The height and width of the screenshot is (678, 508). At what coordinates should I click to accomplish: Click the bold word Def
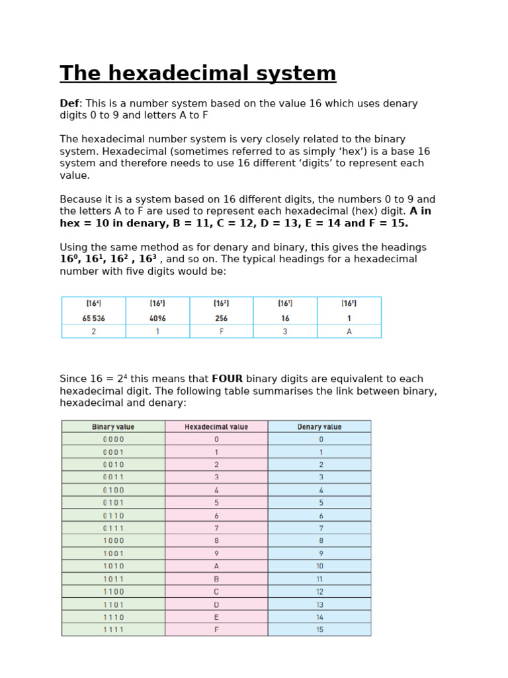pyautogui.click(x=69, y=104)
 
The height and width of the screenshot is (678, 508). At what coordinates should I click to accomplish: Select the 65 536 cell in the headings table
pyautogui.click(x=93, y=318)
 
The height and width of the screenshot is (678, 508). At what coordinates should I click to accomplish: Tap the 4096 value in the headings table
pyautogui.click(x=157, y=318)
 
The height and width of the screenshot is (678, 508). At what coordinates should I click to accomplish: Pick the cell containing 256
pyautogui.click(x=221, y=318)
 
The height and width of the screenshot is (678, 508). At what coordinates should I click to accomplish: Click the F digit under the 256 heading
pyautogui.click(x=221, y=332)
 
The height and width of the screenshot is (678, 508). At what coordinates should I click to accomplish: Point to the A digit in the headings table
pyautogui.click(x=349, y=332)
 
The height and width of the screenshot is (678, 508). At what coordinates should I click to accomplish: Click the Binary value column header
pyautogui.click(x=113, y=427)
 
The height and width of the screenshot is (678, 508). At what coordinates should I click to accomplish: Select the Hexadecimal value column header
pyautogui.click(x=216, y=427)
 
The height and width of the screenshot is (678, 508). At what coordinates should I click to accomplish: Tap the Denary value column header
pyautogui.click(x=319, y=427)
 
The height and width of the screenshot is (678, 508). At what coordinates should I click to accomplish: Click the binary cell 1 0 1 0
pyautogui.click(x=113, y=566)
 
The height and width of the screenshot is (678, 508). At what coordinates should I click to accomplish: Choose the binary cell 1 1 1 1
pyautogui.click(x=113, y=630)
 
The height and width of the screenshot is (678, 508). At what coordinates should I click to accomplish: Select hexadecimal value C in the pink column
pyautogui.click(x=216, y=591)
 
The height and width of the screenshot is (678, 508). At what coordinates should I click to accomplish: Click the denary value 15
pyautogui.click(x=319, y=630)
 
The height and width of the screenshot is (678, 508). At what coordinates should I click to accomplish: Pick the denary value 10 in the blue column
pyautogui.click(x=319, y=566)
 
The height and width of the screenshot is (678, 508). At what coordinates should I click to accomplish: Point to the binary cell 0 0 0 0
pyautogui.click(x=113, y=439)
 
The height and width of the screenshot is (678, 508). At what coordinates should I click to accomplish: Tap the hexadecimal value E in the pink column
pyautogui.click(x=216, y=617)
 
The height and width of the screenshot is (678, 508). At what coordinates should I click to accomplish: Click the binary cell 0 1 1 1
pyautogui.click(x=113, y=528)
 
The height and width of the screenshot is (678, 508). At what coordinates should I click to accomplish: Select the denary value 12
pyautogui.click(x=319, y=591)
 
